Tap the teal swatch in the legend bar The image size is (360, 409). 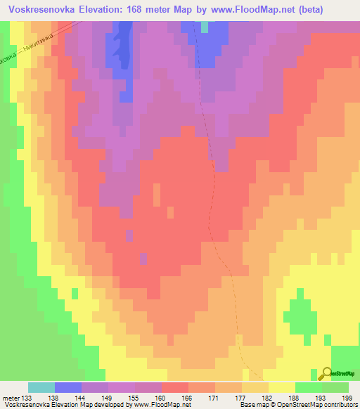41,387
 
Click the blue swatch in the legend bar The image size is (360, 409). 68,387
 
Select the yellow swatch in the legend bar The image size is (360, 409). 282,387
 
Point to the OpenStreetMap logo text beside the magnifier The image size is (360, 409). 343,374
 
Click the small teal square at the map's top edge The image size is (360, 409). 205,27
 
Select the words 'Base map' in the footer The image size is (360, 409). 250,405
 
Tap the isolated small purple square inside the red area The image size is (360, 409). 128,232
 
